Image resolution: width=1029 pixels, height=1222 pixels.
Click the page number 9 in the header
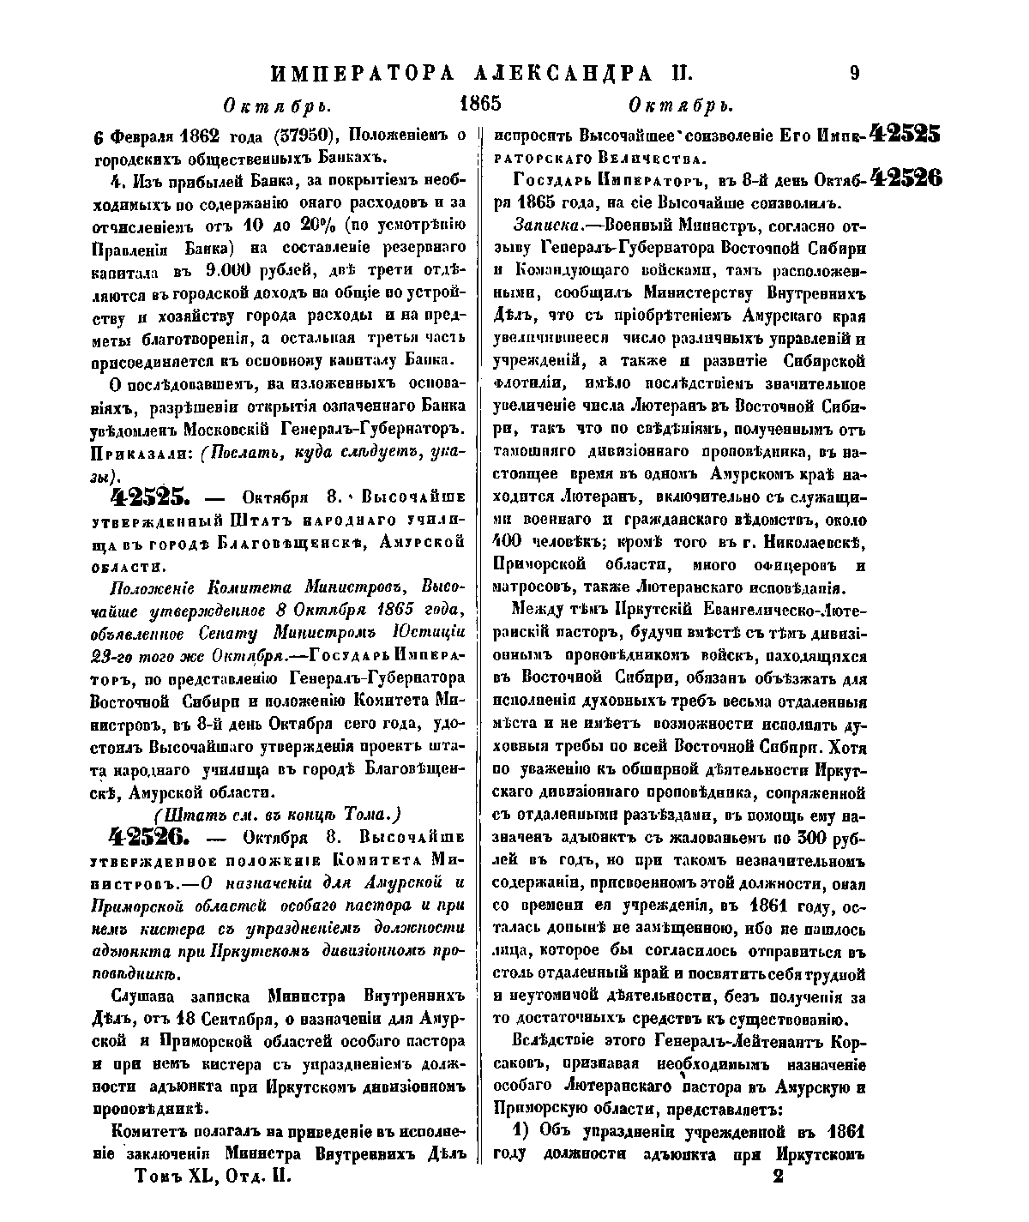(854, 73)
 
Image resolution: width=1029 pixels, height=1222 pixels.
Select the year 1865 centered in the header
(479, 105)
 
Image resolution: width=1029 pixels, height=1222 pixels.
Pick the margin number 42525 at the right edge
(905, 134)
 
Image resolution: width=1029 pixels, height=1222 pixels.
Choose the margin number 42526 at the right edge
(905, 178)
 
